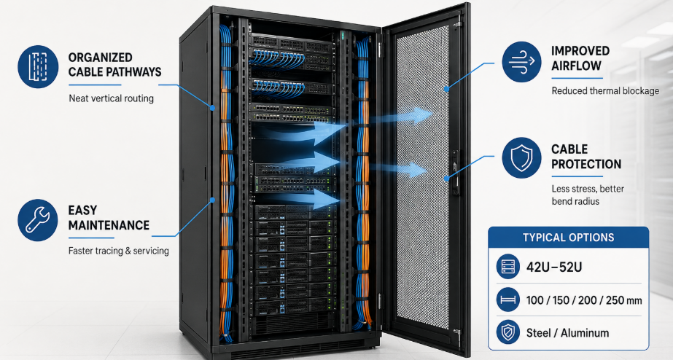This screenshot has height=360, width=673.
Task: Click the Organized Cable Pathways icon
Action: [x=38, y=67]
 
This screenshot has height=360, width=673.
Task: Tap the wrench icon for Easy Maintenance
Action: [x=38, y=220]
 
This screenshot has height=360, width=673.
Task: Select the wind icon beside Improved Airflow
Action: [x=521, y=62]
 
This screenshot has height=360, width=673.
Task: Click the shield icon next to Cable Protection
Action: [x=521, y=158]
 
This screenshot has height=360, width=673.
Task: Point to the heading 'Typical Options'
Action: [x=568, y=238]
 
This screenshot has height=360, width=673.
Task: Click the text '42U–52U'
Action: [x=554, y=267]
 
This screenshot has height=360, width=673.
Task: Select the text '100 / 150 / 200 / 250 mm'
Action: [x=584, y=300]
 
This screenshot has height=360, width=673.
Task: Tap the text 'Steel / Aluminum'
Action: [x=567, y=333]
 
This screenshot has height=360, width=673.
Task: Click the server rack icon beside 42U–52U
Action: [x=508, y=267]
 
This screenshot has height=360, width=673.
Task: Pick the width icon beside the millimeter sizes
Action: [x=508, y=300]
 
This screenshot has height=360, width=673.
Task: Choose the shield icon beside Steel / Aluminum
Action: [x=508, y=332]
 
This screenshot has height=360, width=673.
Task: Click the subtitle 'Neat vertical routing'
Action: [x=111, y=98]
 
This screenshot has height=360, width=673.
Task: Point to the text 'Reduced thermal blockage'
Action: [x=605, y=91]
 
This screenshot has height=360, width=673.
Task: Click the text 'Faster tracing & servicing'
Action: [x=118, y=251]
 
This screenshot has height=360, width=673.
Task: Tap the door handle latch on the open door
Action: [x=454, y=172]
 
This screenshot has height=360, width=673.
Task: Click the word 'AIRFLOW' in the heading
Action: [x=576, y=66]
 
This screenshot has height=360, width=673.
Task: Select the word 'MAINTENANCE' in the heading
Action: [x=109, y=225]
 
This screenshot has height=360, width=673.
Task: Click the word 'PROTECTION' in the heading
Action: [x=586, y=164]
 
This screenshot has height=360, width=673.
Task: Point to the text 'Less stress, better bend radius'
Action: [x=588, y=195]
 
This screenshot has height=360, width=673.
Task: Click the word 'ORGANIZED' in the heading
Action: [x=100, y=58]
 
